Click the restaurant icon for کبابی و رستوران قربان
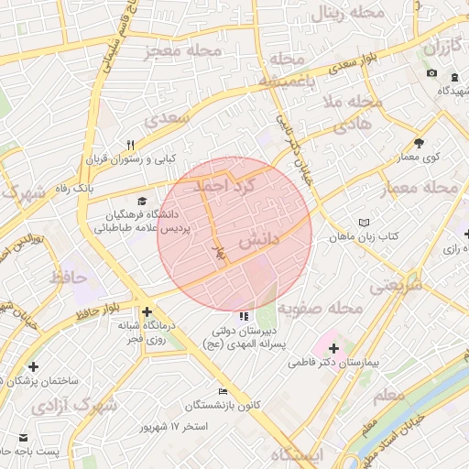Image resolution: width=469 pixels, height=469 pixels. (130, 145)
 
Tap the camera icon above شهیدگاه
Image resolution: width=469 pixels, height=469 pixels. (431, 73)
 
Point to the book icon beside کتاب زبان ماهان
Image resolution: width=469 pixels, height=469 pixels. (365, 223)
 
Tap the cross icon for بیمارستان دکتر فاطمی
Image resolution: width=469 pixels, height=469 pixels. (333, 348)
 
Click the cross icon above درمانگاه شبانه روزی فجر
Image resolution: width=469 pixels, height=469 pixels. (147, 311)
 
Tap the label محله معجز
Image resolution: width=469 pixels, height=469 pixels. (183, 51)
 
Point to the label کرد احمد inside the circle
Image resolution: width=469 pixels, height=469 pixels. (220, 185)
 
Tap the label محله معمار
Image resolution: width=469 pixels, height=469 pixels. (429, 187)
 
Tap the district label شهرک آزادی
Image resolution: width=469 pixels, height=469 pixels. (74, 404)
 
